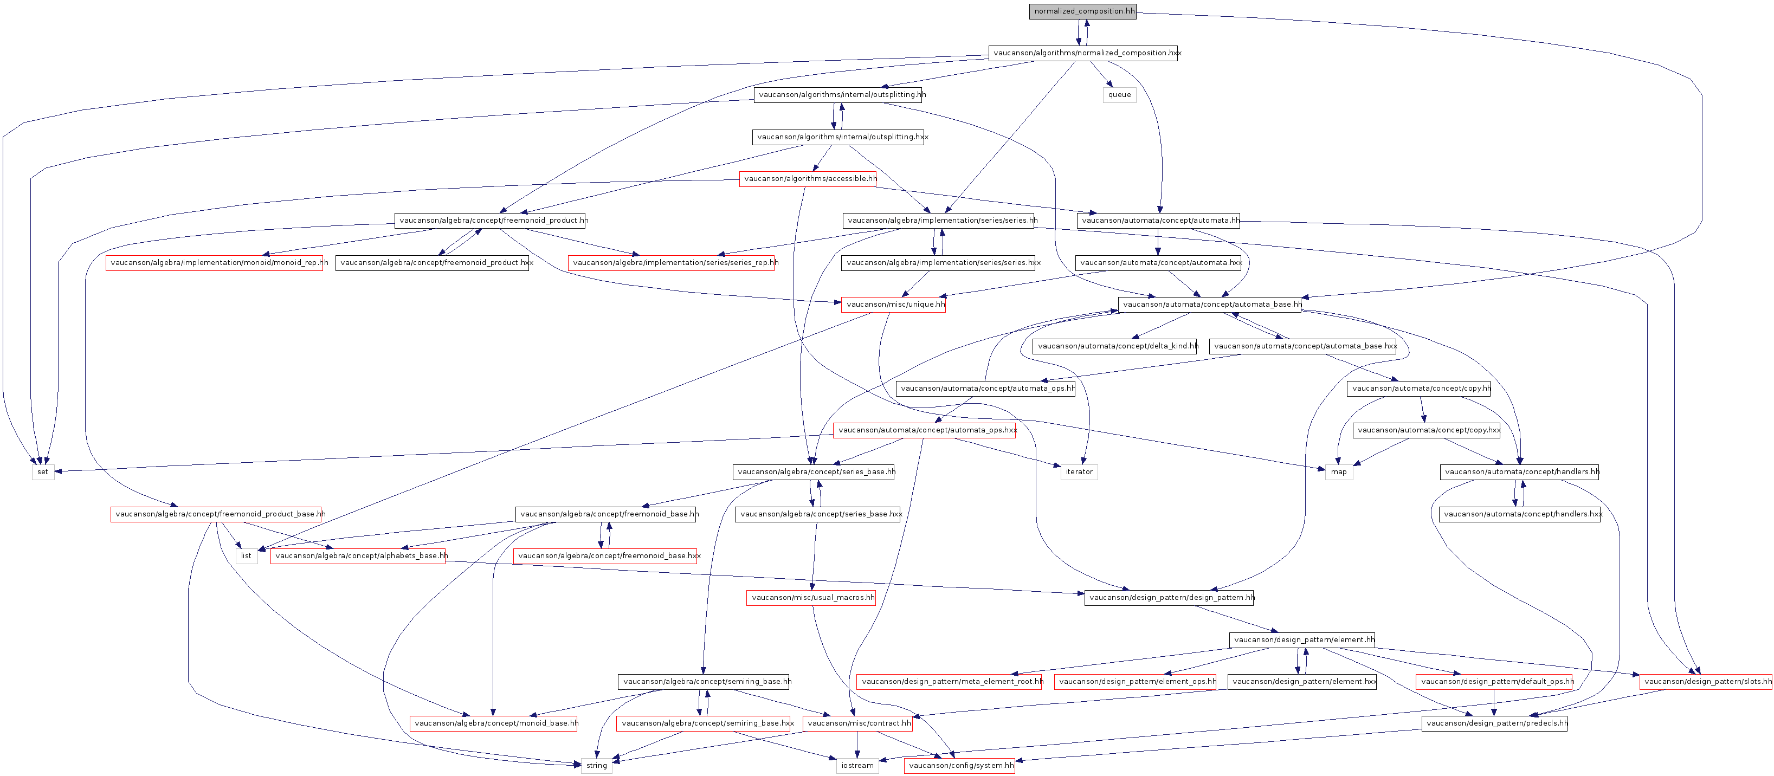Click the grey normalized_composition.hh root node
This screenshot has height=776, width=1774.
(x=1082, y=11)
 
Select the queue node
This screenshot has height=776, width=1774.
(x=1119, y=95)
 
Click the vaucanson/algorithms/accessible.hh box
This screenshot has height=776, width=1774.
(x=808, y=179)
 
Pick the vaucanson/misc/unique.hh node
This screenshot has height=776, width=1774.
(x=893, y=305)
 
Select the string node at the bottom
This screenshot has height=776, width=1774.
(x=596, y=766)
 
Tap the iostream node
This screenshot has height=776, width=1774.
(x=857, y=766)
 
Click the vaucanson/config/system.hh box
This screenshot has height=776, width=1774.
(x=960, y=766)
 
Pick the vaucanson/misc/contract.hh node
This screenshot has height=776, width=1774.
(x=858, y=723)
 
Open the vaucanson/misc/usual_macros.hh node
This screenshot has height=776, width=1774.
(x=811, y=598)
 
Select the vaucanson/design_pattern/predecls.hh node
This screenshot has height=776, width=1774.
(x=1494, y=723)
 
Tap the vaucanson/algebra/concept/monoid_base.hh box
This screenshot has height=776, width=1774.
(x=494, y=723)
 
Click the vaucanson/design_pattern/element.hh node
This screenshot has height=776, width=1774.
(x=1302, y=639)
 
